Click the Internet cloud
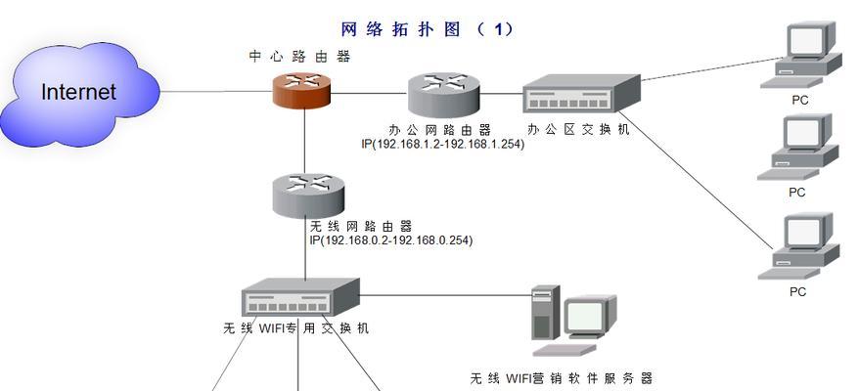(79, 93)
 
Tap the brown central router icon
(302, 90)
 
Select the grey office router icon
(444, 93)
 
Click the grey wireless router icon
(308, 195)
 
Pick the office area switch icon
(581, 94)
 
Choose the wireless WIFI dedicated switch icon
(300, 297)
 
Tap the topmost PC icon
(801, 55)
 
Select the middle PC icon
(798, 147)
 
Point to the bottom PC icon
(798, 246)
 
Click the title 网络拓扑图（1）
(428, 29)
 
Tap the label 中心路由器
(299, 57)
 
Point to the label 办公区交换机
(578, 129)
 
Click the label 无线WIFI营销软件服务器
(562, 378)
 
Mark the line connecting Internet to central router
(217, 92)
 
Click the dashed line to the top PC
(711, 69)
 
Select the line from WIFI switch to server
(446, 295)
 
